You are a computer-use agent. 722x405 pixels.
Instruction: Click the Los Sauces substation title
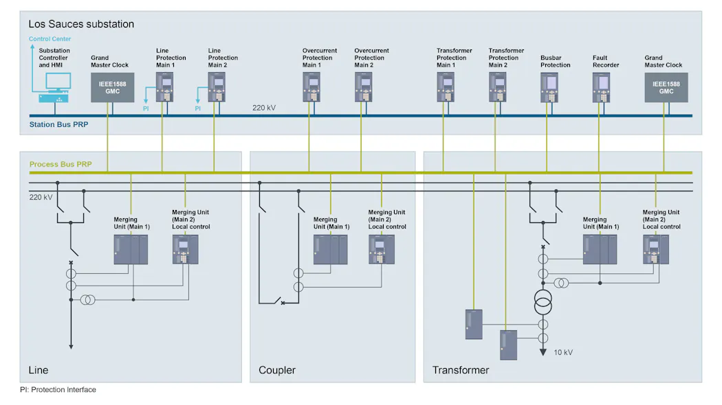click(81, 24)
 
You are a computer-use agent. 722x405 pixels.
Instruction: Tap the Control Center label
click(50, 39)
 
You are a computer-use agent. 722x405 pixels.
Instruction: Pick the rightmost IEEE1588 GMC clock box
click(666, 87)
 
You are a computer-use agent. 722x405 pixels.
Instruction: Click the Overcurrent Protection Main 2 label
click(371, 58)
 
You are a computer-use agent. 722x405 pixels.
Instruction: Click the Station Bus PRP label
click(58, 125)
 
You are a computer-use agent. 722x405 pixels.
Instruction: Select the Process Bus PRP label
click(60, 165)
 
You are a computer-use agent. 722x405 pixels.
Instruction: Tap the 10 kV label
click(563, 352)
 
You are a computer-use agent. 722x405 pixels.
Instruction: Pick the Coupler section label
click(276, 370)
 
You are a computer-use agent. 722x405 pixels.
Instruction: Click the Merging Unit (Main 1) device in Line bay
click(131, 249)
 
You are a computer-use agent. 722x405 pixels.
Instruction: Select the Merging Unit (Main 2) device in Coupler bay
click(382, 249)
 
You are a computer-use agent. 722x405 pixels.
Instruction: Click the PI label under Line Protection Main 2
click(197, 108)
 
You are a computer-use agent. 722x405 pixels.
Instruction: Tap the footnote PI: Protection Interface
click(58, 390)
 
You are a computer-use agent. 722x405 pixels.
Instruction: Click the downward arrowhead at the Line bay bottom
click(70, 346)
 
